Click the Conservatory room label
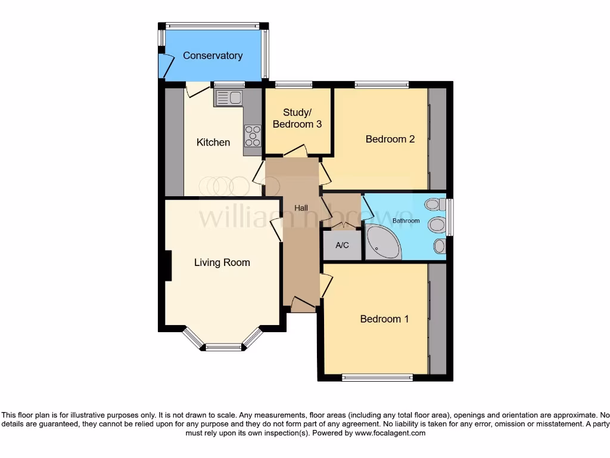pyautogui.click(x=213, y=55)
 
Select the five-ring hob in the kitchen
pyautogui.click(x=253, y=136)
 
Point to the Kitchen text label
pyautogui.click(x=213, y=143)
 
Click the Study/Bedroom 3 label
pyautogui.click(x=297, y=119)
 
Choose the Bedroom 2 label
pyautogui.click(x=390, y=139)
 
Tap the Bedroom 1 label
pyautogui.click(x=384, y=319)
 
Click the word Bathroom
pyautogui.click(x=406, y=221)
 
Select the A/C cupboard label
pyautogui.click(x=342, y=245)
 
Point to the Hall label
pyautogui.click(x=301, y=208)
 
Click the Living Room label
pyautogui.click(x=222, y=262)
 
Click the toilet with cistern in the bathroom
pyautogui.click(x=434, y=205)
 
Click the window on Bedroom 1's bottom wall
pyautogui.click(x=377, y=377)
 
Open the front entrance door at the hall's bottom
pyautogui.click(x=304, y=305)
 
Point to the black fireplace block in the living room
pyautogui.click(x=169, y=265)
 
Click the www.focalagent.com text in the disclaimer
pyautogui.click(x=390, y=433)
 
